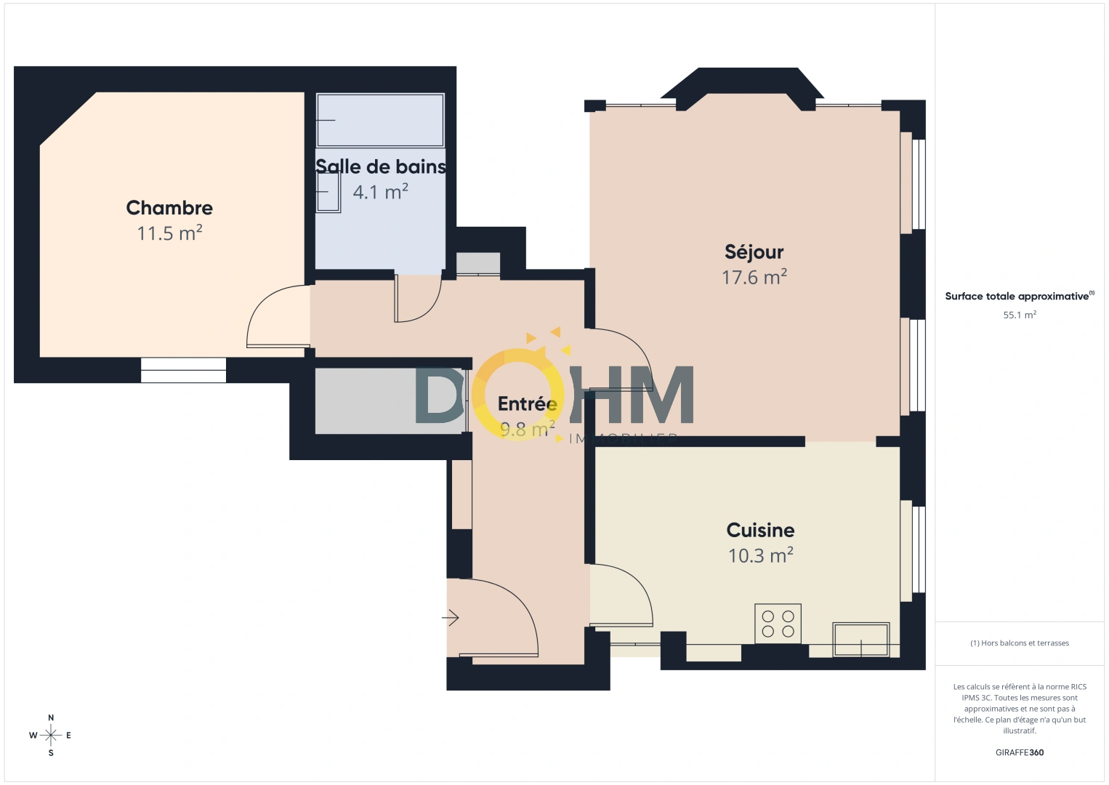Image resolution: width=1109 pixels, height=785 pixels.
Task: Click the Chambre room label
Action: [169, 208]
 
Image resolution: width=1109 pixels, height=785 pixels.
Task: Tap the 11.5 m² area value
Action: [169, 233]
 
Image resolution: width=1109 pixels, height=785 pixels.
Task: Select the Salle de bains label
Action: [381, 166]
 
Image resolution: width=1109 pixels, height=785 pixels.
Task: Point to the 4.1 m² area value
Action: [380, 192]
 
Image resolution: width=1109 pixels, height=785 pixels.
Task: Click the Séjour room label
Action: [754, 252]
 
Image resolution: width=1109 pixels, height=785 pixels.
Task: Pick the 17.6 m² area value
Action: [754, 277]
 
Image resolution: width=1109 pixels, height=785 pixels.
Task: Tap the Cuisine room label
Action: [760, 530]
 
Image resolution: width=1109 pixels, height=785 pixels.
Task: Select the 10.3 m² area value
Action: [760, 555]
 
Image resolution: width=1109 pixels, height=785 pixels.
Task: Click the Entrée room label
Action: [527, 403]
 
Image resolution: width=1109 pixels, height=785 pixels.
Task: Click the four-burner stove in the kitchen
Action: [778, 624]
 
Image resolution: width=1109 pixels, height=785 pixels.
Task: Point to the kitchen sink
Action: [860, 639]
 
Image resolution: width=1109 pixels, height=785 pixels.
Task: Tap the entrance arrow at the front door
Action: [451, 618]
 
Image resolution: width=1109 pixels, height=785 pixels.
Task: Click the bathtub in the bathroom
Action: [380, 120]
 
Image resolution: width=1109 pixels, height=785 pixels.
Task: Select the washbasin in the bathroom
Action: [328, 192]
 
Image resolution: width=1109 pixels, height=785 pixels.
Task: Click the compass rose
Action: [51, 736]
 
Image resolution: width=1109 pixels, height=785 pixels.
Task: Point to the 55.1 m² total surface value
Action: [1019, 315]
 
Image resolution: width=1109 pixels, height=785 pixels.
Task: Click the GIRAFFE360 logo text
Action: [1019, 752]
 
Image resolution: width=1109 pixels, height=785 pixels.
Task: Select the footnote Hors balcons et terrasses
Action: [1019, 643]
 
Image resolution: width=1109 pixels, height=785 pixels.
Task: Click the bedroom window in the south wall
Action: [183, 370]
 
